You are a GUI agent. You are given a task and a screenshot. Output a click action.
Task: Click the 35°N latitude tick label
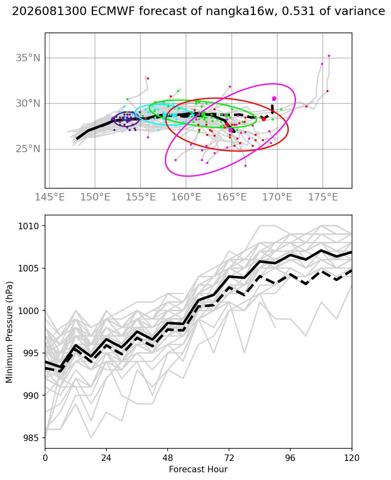click(28, 58)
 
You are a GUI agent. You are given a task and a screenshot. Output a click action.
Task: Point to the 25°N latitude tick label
click(28, 149)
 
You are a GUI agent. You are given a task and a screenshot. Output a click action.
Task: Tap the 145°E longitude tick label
click(50, 197)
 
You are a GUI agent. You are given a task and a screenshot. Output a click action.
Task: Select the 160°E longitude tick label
click(186, 197)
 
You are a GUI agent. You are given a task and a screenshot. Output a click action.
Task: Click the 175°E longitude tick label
click(323, 197)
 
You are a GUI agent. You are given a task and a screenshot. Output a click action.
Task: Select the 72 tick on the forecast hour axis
click(229, 458)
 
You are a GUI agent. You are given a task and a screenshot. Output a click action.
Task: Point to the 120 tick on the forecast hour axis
click(352, 458)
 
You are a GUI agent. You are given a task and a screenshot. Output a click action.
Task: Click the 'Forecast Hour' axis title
click(198, 469)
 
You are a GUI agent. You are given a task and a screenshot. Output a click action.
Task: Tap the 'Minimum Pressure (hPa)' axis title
click(9, 332)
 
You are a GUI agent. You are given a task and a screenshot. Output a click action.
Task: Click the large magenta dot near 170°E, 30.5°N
click(274, 98)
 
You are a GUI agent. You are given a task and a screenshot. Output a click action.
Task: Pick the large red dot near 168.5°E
click(264, 119)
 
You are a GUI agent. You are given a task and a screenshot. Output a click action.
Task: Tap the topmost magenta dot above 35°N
click(329, 56)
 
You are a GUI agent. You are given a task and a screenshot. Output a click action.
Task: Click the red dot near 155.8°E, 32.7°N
click(148, 78)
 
